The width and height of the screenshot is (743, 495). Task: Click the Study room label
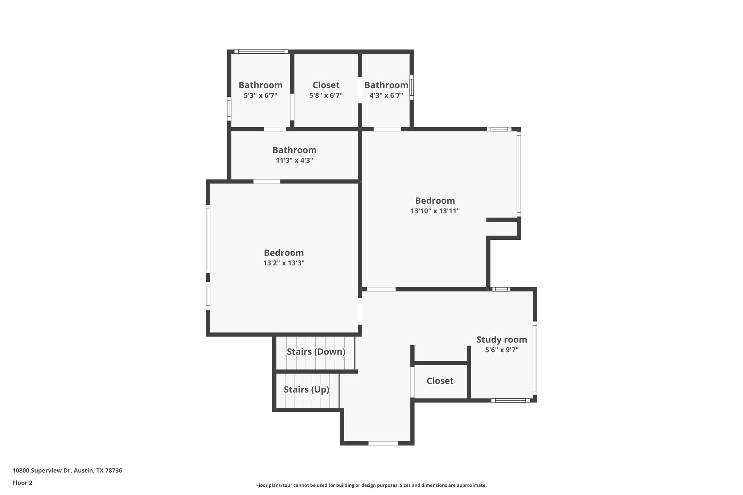(501, 340)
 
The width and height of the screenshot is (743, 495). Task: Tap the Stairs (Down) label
(316, 352)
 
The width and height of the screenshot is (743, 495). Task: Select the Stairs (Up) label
(306, 389)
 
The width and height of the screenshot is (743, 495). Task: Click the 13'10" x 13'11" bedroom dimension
(435, 211)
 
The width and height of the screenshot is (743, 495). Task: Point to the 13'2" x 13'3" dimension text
(284, 263)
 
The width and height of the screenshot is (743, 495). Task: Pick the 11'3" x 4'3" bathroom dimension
(294, 160)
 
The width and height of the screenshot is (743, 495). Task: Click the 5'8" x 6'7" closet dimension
(326, 95)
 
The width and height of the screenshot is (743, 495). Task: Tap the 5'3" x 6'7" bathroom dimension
(260, 95)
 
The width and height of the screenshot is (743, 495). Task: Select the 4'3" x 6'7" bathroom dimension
(386, 95)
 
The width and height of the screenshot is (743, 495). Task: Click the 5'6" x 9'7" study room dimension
(501, 350)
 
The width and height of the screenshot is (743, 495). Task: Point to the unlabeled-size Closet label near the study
(440, 381)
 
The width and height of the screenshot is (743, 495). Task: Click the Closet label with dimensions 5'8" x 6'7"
(326, 85)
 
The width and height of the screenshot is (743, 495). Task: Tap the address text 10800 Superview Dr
(67, 471)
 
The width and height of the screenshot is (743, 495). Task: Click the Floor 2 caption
(22, 483)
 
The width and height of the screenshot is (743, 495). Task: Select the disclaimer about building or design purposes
(371, 485)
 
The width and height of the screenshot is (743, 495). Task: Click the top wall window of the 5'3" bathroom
(261, 51)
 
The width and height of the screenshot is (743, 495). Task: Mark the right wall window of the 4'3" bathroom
(412, 87)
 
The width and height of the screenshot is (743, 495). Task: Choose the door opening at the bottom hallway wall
(383, 443)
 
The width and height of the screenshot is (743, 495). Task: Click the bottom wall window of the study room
(510, 400)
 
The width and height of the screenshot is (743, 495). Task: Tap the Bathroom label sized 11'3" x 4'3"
(294, 150)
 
